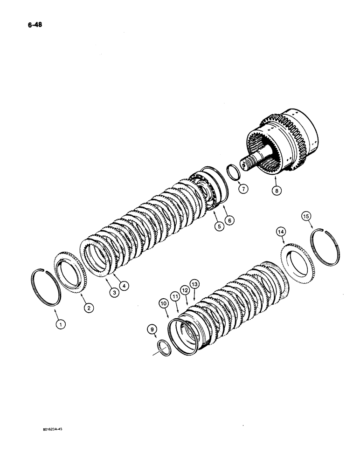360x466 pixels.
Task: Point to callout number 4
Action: pyautogui.click(x=124, y=284)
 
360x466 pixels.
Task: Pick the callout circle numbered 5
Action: pyautogui.click(x=218, y=226)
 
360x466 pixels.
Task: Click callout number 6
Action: pyautogui.click(x=229, y=220)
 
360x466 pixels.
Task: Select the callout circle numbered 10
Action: pyautogui.click(x=163, y=303)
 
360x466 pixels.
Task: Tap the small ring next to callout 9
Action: pyautogui.click(x=165, y=347)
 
